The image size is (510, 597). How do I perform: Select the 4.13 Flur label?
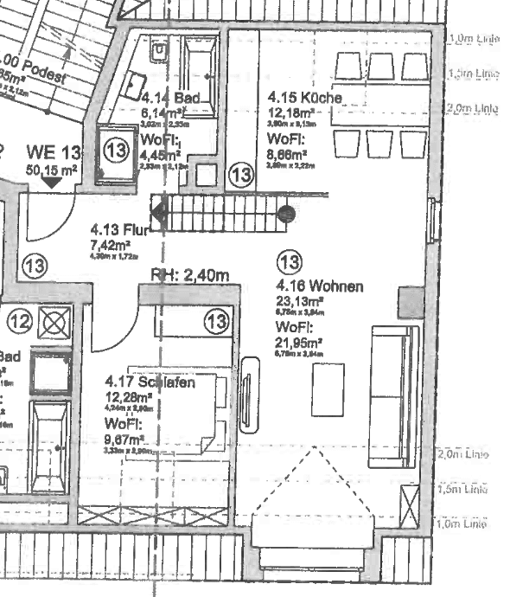pyautogui.click(x=119, y=231)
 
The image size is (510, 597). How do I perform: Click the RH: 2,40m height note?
pyautogui.click(x=190, y=275)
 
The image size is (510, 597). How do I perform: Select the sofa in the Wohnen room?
pyautogui.click(x=393, y=395)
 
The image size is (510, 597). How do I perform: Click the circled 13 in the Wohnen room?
pyautogui.click(x=290, y=260)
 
